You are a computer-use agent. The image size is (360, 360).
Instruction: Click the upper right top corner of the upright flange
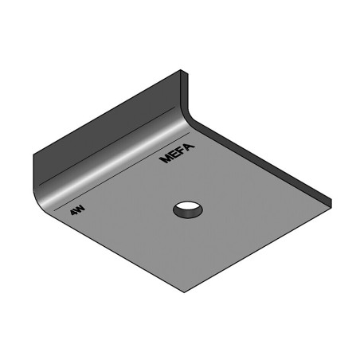pyautogui.click(x=185, y=72)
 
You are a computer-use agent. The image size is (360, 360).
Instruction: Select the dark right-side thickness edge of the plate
pyautogui.click(x=263, y=159)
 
